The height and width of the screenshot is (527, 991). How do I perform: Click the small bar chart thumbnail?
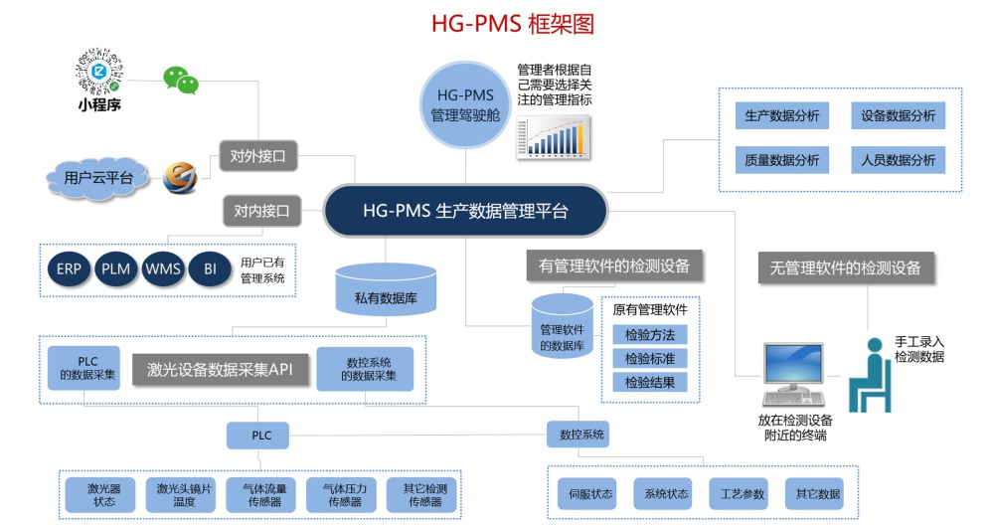(553, 136)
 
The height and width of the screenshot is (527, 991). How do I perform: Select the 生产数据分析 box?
(782, 115)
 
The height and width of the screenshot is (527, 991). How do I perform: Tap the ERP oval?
(69, 268)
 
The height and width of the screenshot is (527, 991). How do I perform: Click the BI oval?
(210, 268)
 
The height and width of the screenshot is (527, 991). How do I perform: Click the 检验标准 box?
(649, 358)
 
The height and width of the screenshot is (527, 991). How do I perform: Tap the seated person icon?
(872, 373)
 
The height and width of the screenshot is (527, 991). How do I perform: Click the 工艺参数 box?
(737, 493)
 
